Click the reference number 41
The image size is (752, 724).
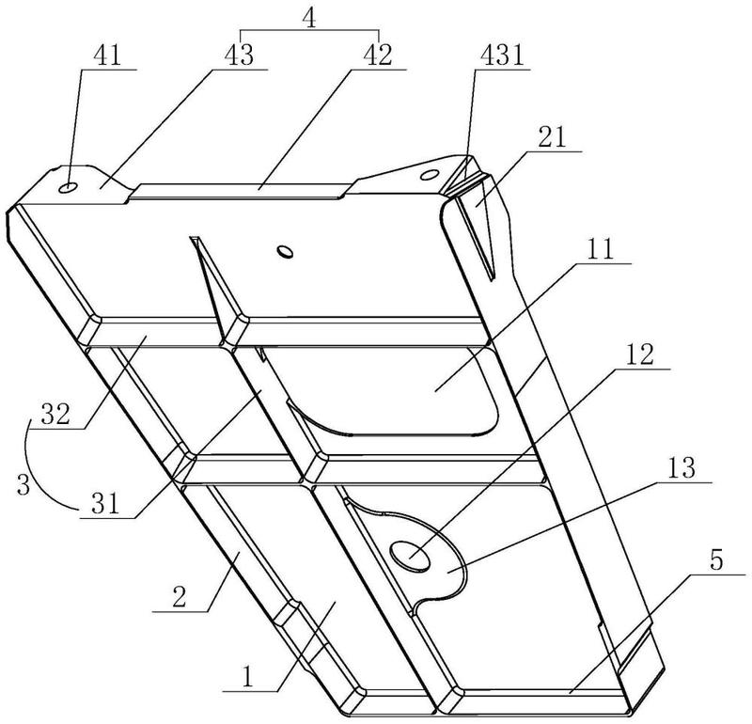pos(107,56)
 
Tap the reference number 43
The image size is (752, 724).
pos(240,55)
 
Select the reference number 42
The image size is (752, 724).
pos(378,55)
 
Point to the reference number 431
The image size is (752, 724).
pos(503,56)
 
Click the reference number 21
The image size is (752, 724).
pos(552,137)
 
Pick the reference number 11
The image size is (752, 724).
pos(601,249)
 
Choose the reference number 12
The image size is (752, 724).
pos(640,355)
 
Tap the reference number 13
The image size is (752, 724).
pos(681,468)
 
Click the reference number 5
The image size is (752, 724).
pos(716,560)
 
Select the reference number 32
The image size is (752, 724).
pos(55,414)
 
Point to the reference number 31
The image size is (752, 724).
pos(105,504)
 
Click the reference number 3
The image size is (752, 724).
pos(23,484)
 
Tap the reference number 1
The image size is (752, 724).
pos(247,678)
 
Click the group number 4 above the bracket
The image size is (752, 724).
pos(310,20)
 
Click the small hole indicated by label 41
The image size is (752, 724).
pos(68,188)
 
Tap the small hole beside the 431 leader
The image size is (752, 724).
pos(429,175)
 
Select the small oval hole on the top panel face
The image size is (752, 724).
pos(286,251)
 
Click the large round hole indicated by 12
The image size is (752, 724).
pos(411,556)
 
